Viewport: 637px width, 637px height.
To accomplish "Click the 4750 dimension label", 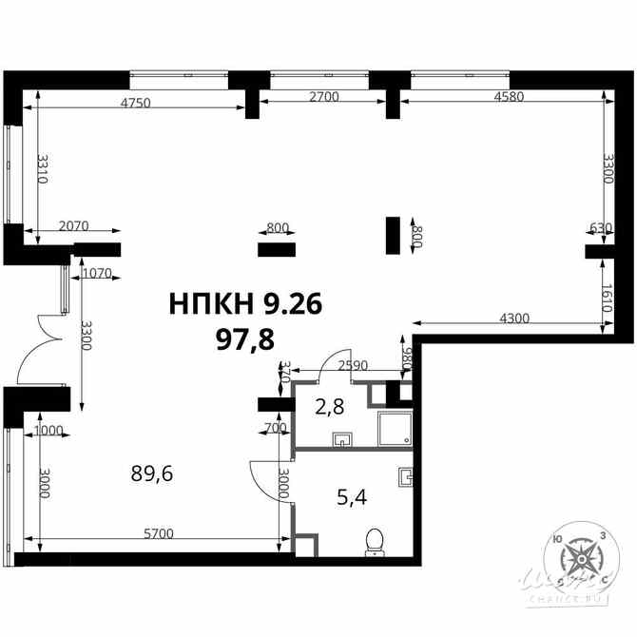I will coord(137,104).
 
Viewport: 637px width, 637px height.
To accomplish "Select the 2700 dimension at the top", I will coord(325,96).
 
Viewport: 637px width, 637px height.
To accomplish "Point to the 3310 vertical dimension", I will coord(43,170).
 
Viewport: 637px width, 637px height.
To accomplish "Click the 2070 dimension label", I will coord(73,226).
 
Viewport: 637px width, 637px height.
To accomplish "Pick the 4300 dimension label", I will coord(513,318).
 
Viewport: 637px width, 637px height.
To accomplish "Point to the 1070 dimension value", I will coord(96,274).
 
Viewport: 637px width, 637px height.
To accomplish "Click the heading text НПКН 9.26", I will coord(246,304).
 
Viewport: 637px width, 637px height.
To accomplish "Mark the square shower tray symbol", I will coord(393,430).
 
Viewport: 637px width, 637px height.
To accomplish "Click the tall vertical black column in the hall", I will coord(393,234).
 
